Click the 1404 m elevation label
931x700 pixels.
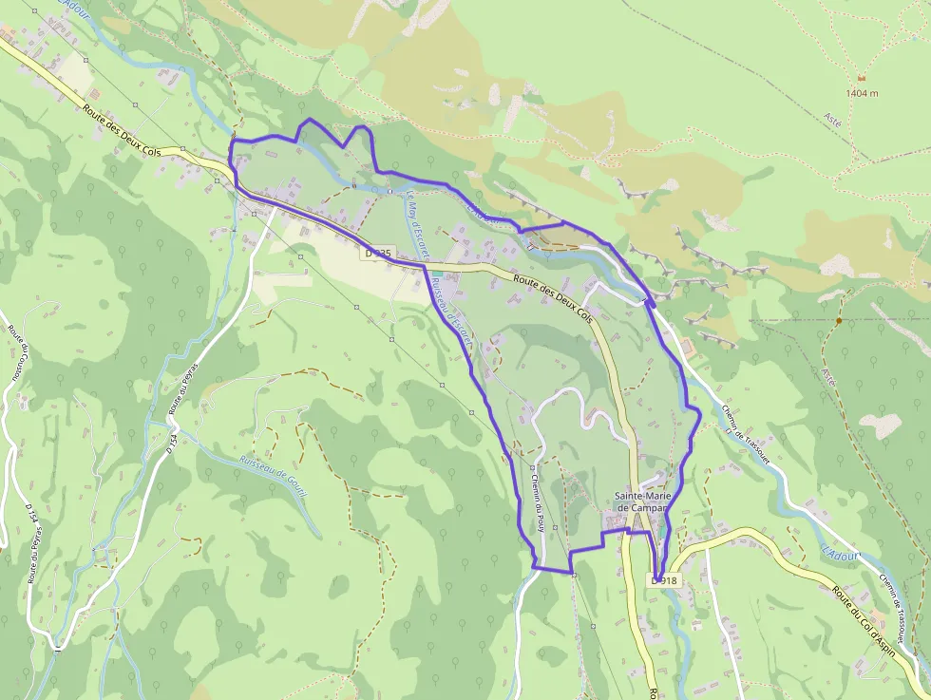click(x=863, y=93)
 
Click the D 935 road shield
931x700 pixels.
click(x=377, y=254)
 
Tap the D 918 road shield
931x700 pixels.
click(x=665, y=579)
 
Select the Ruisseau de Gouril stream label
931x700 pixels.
click(x=276, y=470)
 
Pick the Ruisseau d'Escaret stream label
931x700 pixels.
click(x=449, y=313)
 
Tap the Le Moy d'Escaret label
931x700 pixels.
click(x=417, y=226)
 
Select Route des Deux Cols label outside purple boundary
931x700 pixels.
click(x=123, y=133)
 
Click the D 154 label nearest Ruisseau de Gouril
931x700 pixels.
click(x=172, y=443)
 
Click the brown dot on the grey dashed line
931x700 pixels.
click(x=838, y=321)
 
